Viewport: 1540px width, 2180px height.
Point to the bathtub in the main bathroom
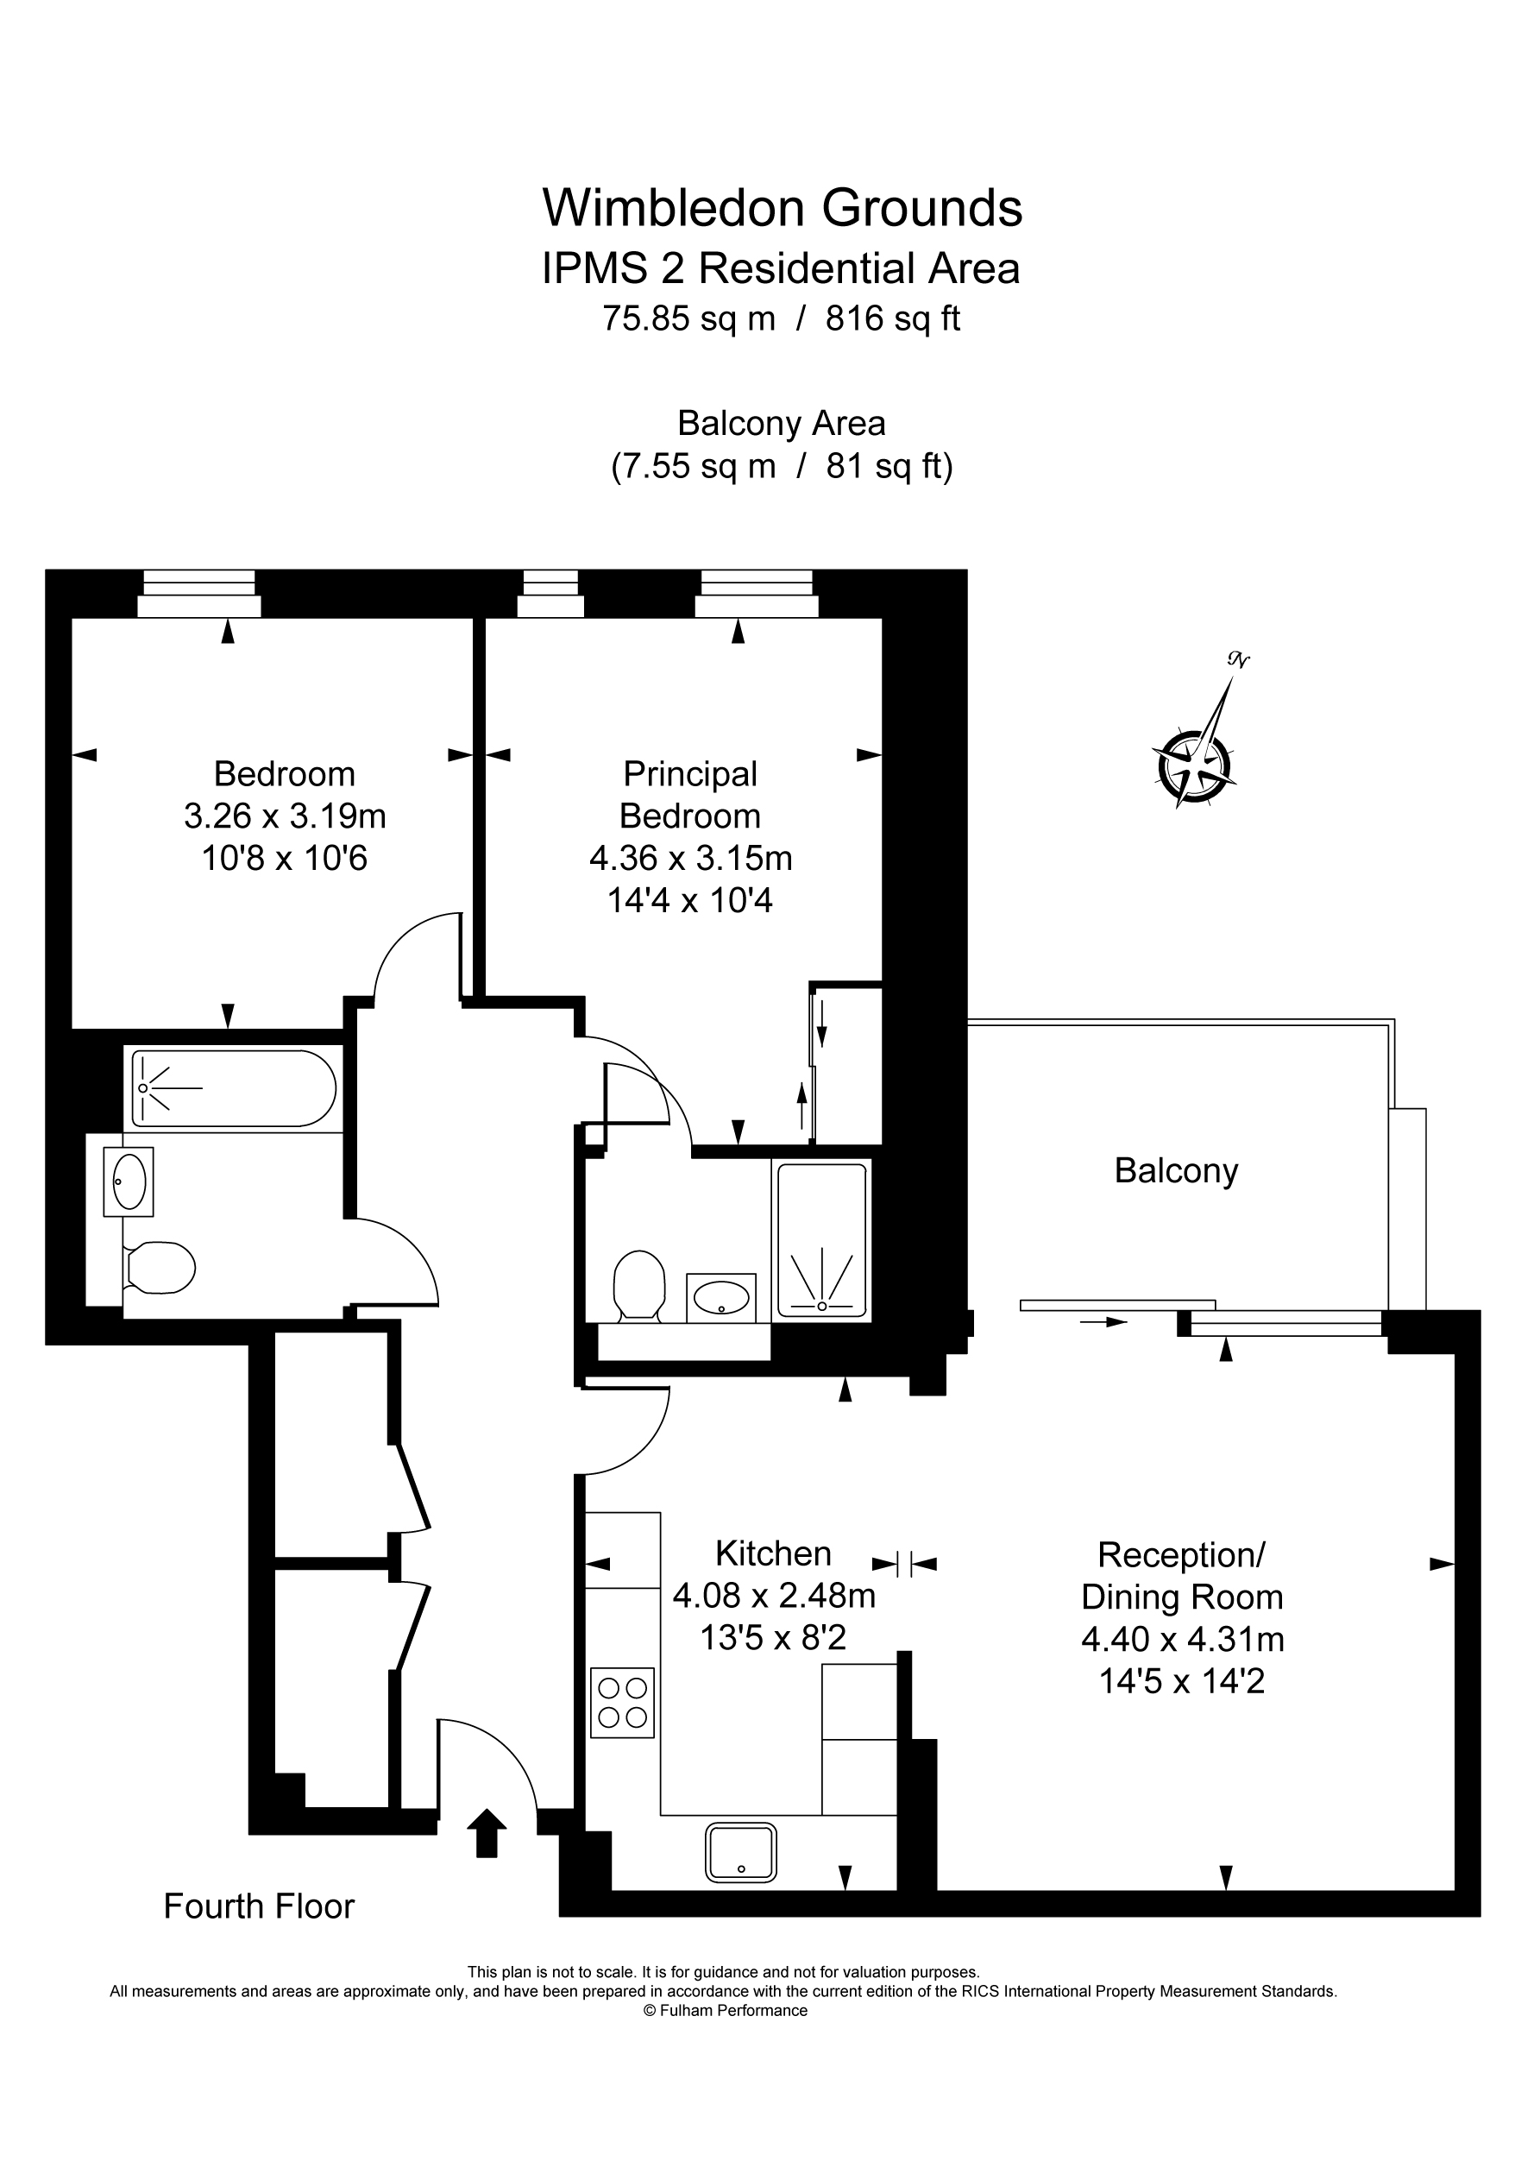click(x=233, y=1088)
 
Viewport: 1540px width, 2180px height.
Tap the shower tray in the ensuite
click(x=821, y=1240)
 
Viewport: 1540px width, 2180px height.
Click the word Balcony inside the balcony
click(x=1175, y=1171)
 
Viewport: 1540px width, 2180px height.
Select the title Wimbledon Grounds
click(x=782, y=208)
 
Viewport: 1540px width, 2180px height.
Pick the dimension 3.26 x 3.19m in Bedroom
click(x=285, y=816)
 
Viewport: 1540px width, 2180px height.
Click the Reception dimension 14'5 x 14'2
click(x=1181, y=1681)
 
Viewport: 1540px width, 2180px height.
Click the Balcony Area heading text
click(x=782, y=424)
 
